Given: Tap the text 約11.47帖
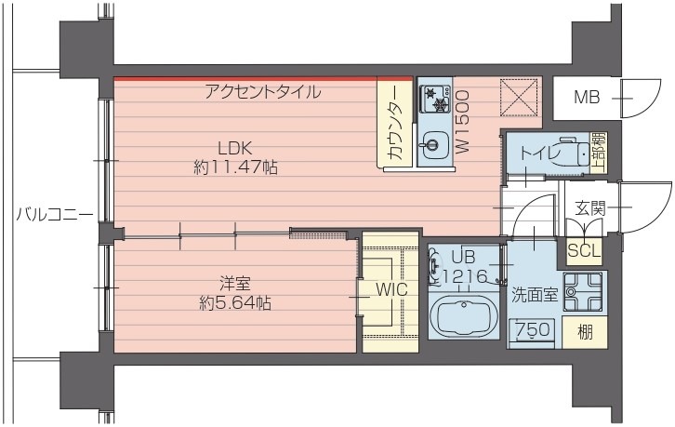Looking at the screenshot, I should (236, 168).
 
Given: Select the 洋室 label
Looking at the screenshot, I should (234, 284).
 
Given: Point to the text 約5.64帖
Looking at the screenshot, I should (235, 302).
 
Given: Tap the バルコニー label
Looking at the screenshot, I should (54, 215).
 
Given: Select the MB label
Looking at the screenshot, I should (586, 96).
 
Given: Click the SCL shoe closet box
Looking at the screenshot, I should (584, 251).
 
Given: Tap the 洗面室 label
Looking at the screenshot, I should (534, 296).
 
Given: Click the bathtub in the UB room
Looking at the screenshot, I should (465, 318).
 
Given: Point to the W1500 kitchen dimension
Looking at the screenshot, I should (462, 121).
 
